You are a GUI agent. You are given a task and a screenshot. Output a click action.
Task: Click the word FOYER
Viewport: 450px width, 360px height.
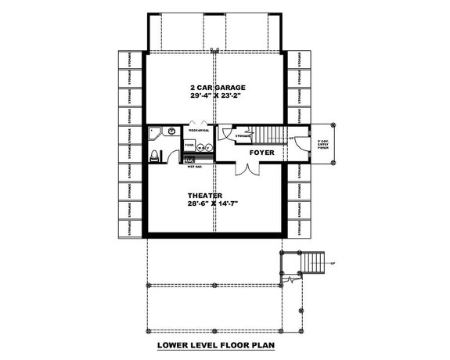[x=261, y=153]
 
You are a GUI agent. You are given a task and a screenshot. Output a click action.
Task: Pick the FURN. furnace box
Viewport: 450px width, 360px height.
[x=189, y=145]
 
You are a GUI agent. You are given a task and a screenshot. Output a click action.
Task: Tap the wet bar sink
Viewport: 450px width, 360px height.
[x=190, y=159]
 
